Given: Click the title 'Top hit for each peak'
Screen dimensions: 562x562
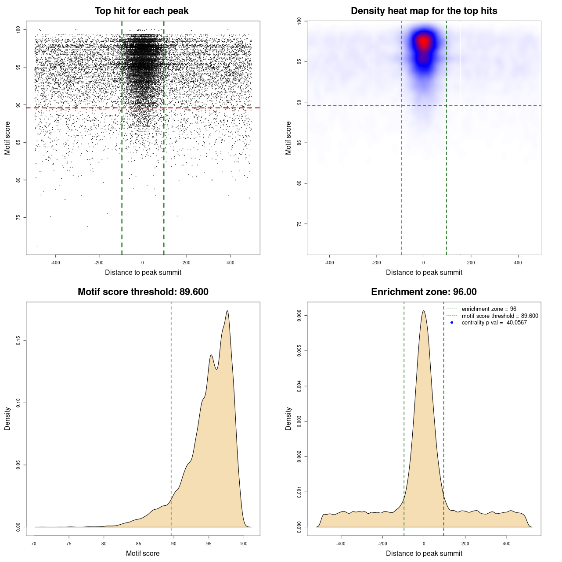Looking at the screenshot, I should (x=141, y=11).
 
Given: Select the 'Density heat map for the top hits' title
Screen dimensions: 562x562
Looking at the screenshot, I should (x=424, y=11).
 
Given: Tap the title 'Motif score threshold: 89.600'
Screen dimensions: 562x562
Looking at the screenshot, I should (x=143, y=292).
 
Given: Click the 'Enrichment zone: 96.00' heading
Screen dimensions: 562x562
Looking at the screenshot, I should (x=424, y=292).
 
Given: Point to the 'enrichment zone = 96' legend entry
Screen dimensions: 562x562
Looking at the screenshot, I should (x=489, y=309).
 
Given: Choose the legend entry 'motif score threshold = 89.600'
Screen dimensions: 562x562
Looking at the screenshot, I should (x=500, y=316).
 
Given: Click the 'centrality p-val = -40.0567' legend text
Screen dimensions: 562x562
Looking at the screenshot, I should (x=494, y=323).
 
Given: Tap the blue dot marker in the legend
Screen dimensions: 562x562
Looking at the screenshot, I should (x=452, y=323).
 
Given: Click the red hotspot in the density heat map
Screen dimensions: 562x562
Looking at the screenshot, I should (x=424, y=42).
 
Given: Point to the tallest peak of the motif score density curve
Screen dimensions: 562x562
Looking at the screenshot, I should (x=227, y=311).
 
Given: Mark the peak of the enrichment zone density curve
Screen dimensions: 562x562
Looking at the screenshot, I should (x=423, y=311).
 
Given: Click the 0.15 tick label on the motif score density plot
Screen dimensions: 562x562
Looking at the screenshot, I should (x=18, y=341).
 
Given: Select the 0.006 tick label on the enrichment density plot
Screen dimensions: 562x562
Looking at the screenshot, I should (x=299, y=316).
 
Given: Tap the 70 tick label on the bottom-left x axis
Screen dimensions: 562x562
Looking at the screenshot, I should (x=34, y=544).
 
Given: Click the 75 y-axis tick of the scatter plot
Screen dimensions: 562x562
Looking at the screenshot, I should (x=18, y=217).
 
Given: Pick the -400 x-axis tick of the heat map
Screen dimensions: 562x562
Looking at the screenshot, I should (x=329, y=263).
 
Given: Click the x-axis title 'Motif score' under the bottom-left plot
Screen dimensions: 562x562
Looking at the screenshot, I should (x=143, y=553).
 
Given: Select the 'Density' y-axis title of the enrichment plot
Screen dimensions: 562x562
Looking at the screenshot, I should (x=288, y=418).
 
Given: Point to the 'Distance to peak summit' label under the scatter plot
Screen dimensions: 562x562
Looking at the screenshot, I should (x=143, y=272).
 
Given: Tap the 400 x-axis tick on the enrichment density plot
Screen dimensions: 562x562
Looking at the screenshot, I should (x=507, y=544).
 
